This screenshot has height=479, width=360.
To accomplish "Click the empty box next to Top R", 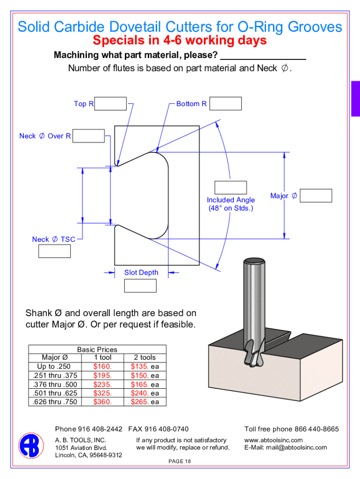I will coord(111,104).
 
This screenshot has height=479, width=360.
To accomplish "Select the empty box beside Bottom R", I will coord(226,103).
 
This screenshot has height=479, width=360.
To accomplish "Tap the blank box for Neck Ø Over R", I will coord(89,136).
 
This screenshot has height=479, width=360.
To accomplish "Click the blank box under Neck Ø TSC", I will coord(54,251).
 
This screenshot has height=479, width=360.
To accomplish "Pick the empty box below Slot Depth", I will coord(140,285).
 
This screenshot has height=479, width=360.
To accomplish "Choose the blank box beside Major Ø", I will coord(316,196).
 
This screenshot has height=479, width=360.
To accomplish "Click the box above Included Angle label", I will coord(230,187).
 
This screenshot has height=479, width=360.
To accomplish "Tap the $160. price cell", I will coord(102,366).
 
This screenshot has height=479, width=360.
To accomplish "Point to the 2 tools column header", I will coord(145,357).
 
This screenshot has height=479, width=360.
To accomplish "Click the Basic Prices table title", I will coord(97,349).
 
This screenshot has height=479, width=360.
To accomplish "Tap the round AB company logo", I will coord(31,445).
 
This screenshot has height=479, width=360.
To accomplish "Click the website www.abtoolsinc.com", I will coord(274,440).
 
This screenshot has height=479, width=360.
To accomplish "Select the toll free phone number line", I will coord(291,429).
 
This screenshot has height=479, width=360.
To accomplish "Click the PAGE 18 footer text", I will coord(180,462).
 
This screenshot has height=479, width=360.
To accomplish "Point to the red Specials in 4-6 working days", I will coord(180,41).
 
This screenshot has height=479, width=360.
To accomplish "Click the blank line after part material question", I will coord(262,56).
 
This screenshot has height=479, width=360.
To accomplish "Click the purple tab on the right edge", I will coord(355,98).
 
